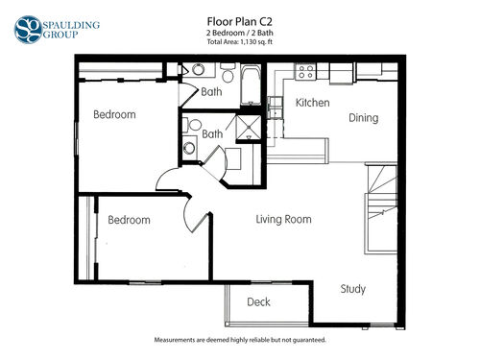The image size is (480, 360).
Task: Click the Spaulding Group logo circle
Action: (28, 30)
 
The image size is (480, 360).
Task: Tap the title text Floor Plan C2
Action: (240, 22)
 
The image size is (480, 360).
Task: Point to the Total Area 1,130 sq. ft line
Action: (240, 42)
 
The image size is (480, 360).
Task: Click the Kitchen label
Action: (312, 103)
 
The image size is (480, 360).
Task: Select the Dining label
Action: (364, 118)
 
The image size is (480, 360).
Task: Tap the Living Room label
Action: (283, 219)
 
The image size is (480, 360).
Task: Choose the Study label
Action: (353, 289)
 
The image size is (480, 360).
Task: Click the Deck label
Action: (258, 301)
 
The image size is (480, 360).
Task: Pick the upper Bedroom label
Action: (114, 114)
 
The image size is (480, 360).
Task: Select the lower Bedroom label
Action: (129, 220)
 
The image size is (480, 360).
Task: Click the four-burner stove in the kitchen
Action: (305, 71)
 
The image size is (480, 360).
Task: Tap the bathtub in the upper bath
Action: (251, 85)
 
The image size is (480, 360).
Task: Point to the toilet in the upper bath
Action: (228, 73)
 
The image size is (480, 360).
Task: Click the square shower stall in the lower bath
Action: (249, 128)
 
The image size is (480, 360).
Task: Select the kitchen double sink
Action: (276, 108)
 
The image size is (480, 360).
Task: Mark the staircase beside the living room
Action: (381, 208)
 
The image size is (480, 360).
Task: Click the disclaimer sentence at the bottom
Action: (240, 340)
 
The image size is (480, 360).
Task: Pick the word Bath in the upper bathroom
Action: (211, 92)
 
